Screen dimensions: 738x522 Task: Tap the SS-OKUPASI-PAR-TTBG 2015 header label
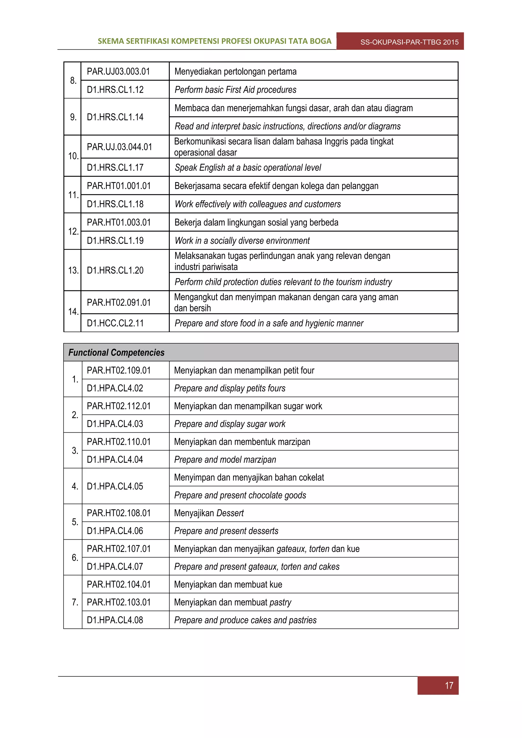pyautogui.click(x=409, y=42)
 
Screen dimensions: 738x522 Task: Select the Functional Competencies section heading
pyautogui.click(x=116, y=353)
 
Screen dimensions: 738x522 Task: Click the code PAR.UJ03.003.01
pyautogui.click(x=118, y=71)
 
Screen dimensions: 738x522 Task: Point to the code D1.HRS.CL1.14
pyautogui.click(x=115, y=117)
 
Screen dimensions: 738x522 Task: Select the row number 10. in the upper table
pyautogui.click(x=73, y=156)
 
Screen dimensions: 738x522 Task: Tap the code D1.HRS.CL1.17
pyautogui.click(x=115, y=168)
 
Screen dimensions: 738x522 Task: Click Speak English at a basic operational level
pyautogui.click(x=248, y=168)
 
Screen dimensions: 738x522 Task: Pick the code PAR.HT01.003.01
pyautogui.click(x=119, y=222)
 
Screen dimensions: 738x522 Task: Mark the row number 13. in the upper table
pyautogui.click(x=73, y=270)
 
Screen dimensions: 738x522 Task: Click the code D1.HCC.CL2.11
pyautogui.click(x=115, y=323)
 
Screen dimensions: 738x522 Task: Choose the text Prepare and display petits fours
pyautogui.click(x=230, y=388)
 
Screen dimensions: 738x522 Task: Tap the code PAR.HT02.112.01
pyautogui.click(x=119, y=406)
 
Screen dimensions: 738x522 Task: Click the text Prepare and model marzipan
pyautogui.click(x=225, y=460)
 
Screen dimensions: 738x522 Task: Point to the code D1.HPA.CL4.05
pyautogui.click(x=115, y=486)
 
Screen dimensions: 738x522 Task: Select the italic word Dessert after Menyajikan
pyautogui.click(x=230, y=513)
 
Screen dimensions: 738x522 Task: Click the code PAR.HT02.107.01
pyautogui.click(x=119, y=549)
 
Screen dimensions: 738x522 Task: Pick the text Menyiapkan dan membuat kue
pyautogui.click(x=228, y=584)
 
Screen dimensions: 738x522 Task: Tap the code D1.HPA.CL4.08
pyautogui.click(x=115, y=620)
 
